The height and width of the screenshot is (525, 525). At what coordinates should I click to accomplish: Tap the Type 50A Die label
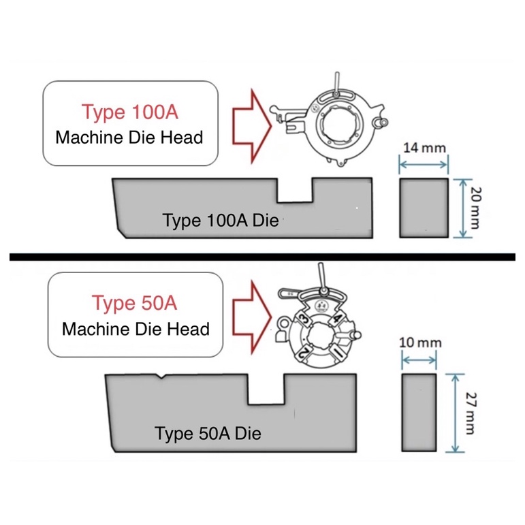(x=208, y=433)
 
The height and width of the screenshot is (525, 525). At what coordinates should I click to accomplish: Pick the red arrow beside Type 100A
(x=248, y=125)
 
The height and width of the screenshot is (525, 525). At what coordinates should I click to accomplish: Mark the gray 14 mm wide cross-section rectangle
(x=424, y=208)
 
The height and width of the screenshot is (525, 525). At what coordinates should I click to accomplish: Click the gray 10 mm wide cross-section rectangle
(x=419, y=413)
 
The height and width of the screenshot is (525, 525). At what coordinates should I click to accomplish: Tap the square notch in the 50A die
(x=266, y=389)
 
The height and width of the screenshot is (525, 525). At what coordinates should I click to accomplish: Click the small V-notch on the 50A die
(x=158, y=376)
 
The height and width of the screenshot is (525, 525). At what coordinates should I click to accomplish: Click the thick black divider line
(x=262, y=257)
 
